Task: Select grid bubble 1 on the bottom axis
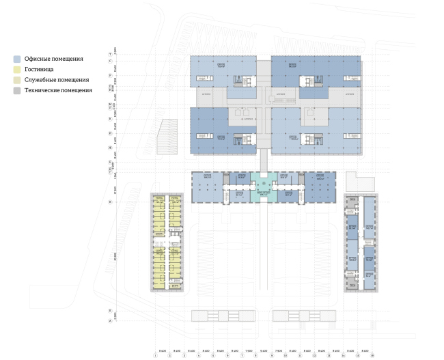tap(156, 355)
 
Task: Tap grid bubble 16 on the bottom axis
tap(372, 355)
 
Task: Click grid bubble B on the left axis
tap(110, 311)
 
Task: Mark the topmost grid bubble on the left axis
tap(110, 53)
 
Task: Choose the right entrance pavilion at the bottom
tap(304, 316)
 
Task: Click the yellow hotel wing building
tap(167, 243)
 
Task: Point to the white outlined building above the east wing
tap(360, 181)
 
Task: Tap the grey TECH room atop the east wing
tap(353, 199)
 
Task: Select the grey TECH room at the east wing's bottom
tap(353, 284)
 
